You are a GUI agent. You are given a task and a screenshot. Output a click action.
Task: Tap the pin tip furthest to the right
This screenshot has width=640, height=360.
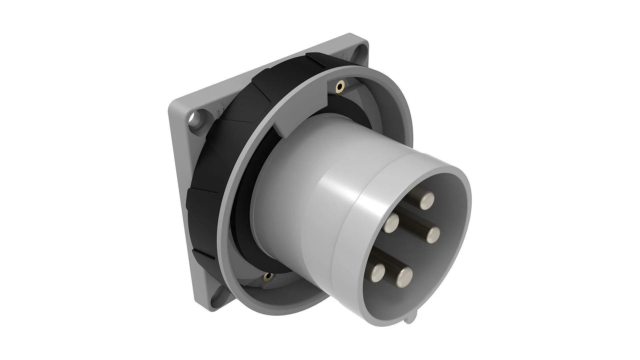click(433, 235)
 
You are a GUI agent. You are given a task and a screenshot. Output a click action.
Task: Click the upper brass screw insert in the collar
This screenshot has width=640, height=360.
click(340, 87)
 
